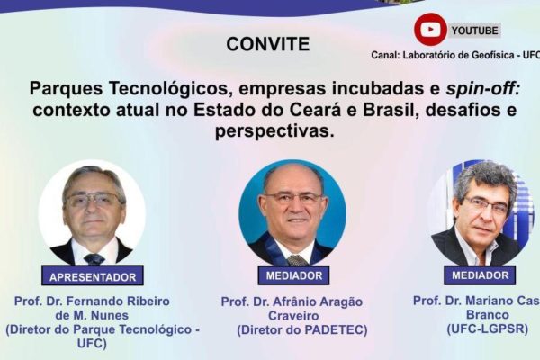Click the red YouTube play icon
click(430, 30)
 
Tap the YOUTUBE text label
click(475, 31)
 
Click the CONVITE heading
click(268, 44)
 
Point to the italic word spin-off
click(482, 88)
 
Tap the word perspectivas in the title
click(274, 132)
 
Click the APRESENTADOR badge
click(93, 275)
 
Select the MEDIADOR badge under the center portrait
click(293, 275)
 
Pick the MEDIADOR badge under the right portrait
click(480, 274)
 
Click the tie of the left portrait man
click(94, 258)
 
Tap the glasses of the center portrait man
click(293, 197)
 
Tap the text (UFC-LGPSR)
click(487, 328)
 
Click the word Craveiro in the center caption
click(293, 316)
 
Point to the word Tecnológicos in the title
click(169, 89)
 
